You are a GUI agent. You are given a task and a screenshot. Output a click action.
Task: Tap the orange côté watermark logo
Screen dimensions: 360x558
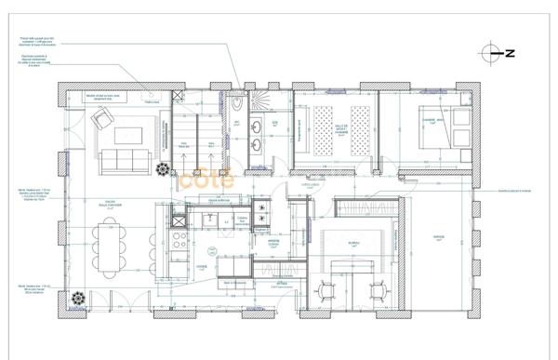(x=206, y=180)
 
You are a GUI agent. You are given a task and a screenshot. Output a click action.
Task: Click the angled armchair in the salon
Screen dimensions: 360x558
(x=101, y=117)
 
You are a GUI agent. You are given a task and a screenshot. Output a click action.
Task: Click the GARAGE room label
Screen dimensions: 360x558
(x=439, y=237)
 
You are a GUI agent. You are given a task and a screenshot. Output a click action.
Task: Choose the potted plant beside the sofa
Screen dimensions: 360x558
(x=164, y=170)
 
